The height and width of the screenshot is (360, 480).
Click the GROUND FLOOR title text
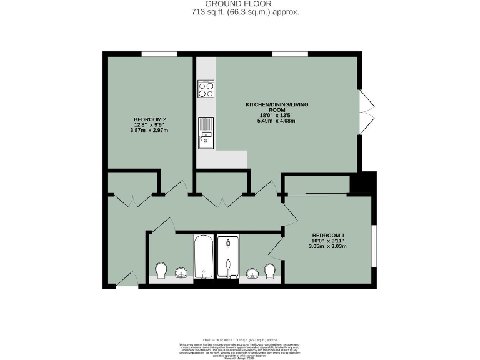point(240,4)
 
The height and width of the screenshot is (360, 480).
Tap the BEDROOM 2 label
point(149,119)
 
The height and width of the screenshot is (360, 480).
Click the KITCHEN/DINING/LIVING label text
point(277,104)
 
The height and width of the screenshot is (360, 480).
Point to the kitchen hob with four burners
point(206,89)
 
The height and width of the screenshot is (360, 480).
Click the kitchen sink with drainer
point(206,134)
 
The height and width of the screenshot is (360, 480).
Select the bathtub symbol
point(204,257)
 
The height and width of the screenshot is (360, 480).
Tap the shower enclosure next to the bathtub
point(228,257)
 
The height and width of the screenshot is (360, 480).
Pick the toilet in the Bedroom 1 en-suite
point(271,271)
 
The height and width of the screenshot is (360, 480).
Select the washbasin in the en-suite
point(252,273)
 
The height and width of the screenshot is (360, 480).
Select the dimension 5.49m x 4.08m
point(277,121)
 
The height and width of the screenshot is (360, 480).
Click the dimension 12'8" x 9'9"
point(149,124)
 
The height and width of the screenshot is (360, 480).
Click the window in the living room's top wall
point(285,54)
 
